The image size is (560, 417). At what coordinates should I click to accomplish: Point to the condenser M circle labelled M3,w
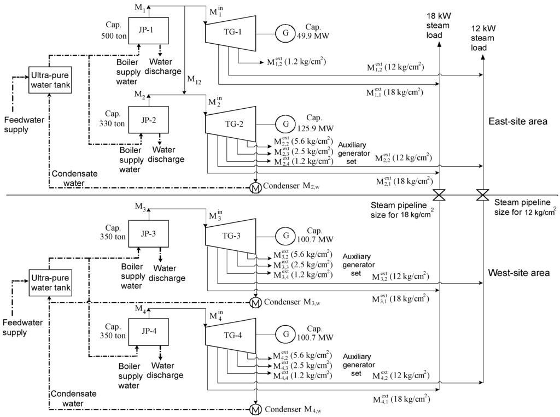[255, 301]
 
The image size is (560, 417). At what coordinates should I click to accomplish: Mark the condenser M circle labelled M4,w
[255, 409]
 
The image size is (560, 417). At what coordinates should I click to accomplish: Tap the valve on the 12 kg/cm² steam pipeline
[482, 195]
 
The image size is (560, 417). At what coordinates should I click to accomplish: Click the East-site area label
[517, 122]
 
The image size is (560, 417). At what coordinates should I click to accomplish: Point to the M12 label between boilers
[194, 79]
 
